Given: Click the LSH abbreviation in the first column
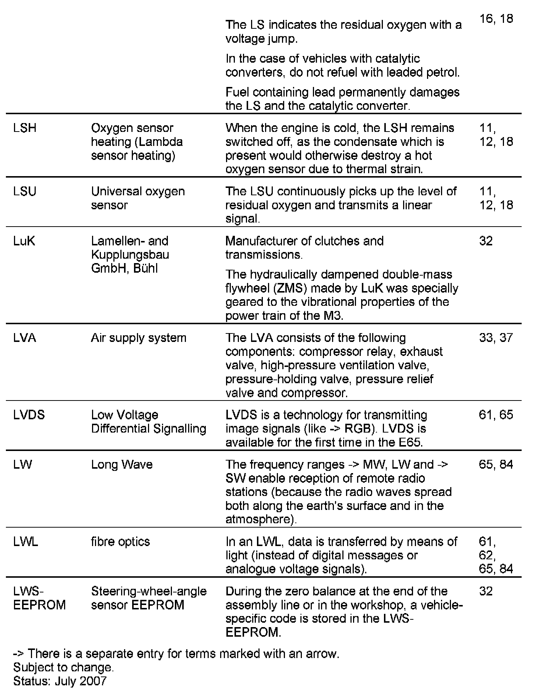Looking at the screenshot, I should click(x=25, y=128).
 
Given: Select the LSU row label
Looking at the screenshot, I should click(x=25, y=192).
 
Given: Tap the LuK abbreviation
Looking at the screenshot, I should click(x=24, y=241).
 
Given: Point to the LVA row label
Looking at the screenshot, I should click(x=25, y=338).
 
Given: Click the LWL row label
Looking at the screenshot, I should click(x=25, y=542).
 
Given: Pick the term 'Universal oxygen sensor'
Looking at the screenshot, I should click(x=138, y=198).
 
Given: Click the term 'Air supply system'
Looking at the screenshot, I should click(x=138, y=338).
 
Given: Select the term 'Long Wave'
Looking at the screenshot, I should click(x=121, y=465).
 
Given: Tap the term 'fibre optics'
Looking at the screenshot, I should click(x=120, y=542).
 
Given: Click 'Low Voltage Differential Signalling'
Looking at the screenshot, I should click(x=148, y=422).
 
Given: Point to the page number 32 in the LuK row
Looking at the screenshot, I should click(x=486, y=241).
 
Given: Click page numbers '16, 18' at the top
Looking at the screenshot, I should click(x=496, y=19).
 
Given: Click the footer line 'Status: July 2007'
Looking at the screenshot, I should click(x=60, y=681).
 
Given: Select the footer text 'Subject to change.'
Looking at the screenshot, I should click(x=63, y=667).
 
